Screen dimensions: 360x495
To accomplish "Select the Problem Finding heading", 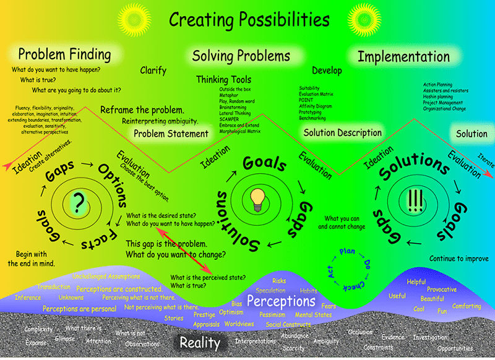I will [x=64, y=54].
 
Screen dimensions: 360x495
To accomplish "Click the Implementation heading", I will [x=403, y=56].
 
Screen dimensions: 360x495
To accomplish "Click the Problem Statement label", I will [x=171, y=133].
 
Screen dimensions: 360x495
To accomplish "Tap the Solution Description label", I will [x=342, y=132].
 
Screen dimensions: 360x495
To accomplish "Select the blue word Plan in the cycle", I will [x=346, y=252].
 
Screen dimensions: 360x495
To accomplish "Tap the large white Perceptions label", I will [x=281, y=301].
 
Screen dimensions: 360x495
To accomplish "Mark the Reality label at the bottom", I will [x=200, y=342].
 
